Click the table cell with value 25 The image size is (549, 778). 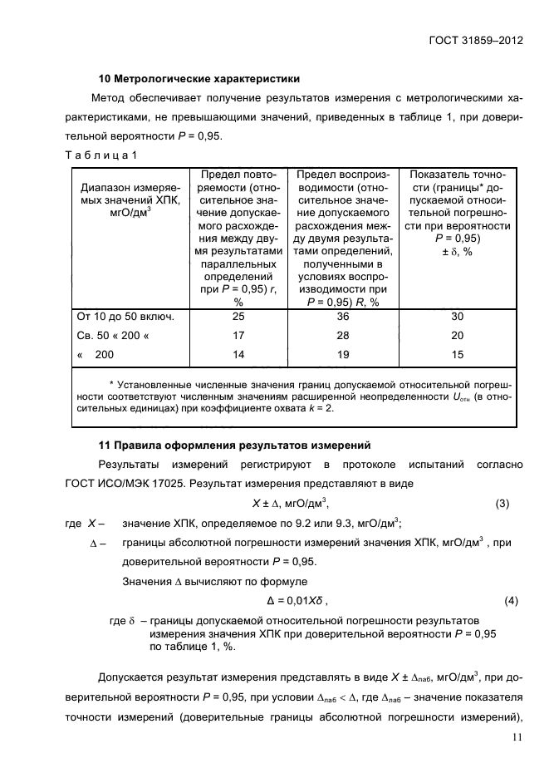click(238, 317)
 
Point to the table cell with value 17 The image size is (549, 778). click(238, 335)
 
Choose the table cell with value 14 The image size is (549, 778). click(238, 353)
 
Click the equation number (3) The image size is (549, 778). click(502, 504)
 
